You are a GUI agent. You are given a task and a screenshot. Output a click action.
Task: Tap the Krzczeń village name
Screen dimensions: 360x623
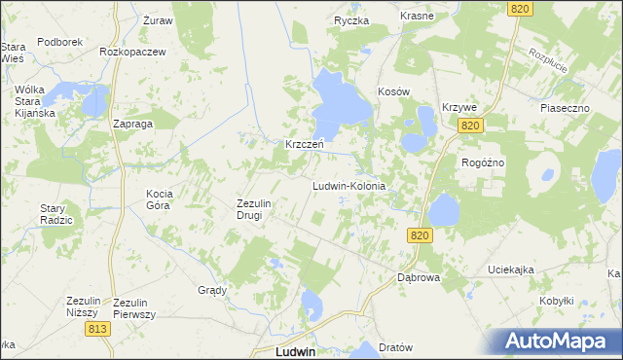click(x=304, y=144)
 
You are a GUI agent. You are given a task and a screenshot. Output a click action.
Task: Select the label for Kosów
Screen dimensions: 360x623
click(x=393, y=91)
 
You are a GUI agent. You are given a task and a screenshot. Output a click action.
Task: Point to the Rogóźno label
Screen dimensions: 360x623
click(x=483, y=162)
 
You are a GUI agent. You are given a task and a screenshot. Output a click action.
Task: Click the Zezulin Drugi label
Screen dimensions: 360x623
click(x=249, y=209)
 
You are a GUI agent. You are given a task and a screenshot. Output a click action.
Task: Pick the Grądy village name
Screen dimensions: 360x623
click(x=212, y=290)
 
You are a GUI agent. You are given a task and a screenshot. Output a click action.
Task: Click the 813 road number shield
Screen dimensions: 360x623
click(x=96, y=329)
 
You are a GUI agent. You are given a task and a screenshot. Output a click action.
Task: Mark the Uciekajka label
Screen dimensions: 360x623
click(x=511, y=270)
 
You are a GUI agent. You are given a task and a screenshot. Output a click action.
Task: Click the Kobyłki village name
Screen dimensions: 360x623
click(x=556, y=301)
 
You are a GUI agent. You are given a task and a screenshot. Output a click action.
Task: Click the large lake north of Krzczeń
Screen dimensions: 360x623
click(x=337, y=101)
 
